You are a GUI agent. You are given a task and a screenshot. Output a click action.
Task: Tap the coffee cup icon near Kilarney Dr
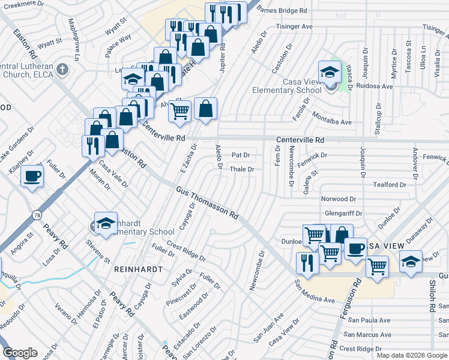click(32, 176)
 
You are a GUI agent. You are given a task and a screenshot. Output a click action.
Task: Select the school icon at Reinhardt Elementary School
click(106, 224)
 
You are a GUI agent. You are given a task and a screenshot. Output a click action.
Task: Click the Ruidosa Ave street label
click(374, 86)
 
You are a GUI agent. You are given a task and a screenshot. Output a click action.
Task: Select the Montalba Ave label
click(331, 122)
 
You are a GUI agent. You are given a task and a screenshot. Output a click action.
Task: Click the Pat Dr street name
click(240, 155)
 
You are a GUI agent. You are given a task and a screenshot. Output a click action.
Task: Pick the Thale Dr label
click(243, 170)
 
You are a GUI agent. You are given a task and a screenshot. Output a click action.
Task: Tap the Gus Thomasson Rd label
click(208, 202)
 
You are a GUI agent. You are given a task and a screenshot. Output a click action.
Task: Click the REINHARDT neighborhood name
click(138, 269)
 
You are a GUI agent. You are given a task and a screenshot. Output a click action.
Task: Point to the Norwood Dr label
click(339, 199)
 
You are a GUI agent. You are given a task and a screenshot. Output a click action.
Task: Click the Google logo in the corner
click(21, 352)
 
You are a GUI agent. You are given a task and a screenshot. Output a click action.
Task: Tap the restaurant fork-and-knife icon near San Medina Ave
click(307, 264)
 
